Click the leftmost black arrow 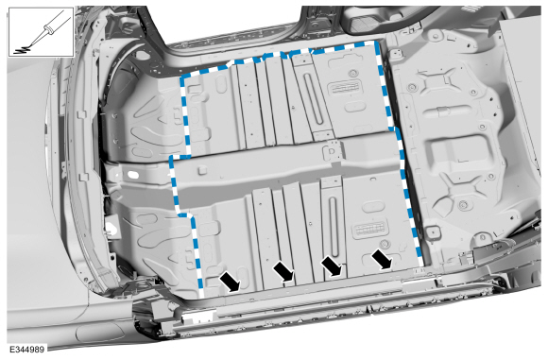[x=230, y=283]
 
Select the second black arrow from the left [x=283, y=271]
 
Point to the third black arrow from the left [x=332, y=266]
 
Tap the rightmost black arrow [x=382, y=259]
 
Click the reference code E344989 [x=27, y=350]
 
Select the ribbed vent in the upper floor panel [x=344, y=88]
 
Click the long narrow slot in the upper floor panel [x=313, y=98]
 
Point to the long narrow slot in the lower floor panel [x=334, y=227]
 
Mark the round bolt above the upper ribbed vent [x=351, y=74]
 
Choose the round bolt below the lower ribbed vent [x=385, y=244]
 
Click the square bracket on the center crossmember [x=332, y=151]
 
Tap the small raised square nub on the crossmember [x=202, y=171]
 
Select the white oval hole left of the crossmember [x=133, y=174]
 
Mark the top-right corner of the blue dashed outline [x=377, y=42]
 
